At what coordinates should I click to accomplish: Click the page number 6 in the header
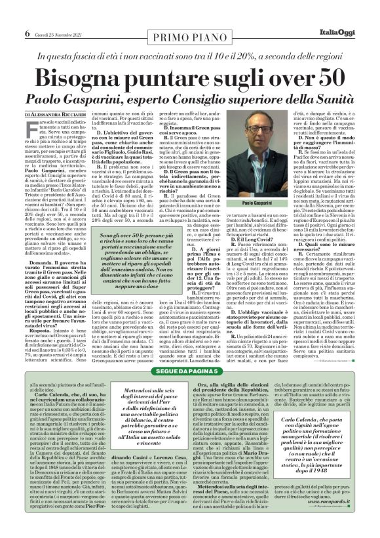10,14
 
